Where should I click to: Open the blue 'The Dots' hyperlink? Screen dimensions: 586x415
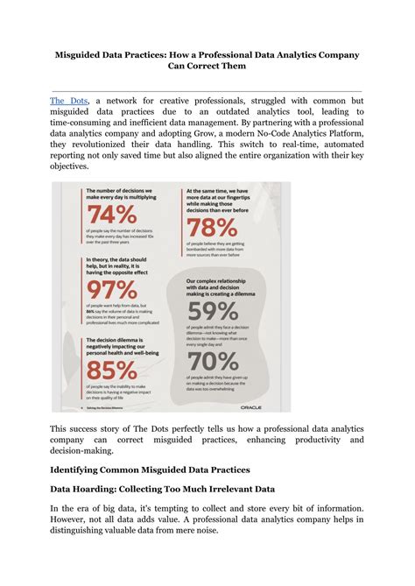(x=68, y=102)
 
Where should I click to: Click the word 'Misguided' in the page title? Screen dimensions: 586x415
(x=88, y=55)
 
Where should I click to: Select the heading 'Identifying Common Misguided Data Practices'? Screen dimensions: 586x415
(x=150, y=470)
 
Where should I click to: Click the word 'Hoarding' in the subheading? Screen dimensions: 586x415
(x=107, y=490)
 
